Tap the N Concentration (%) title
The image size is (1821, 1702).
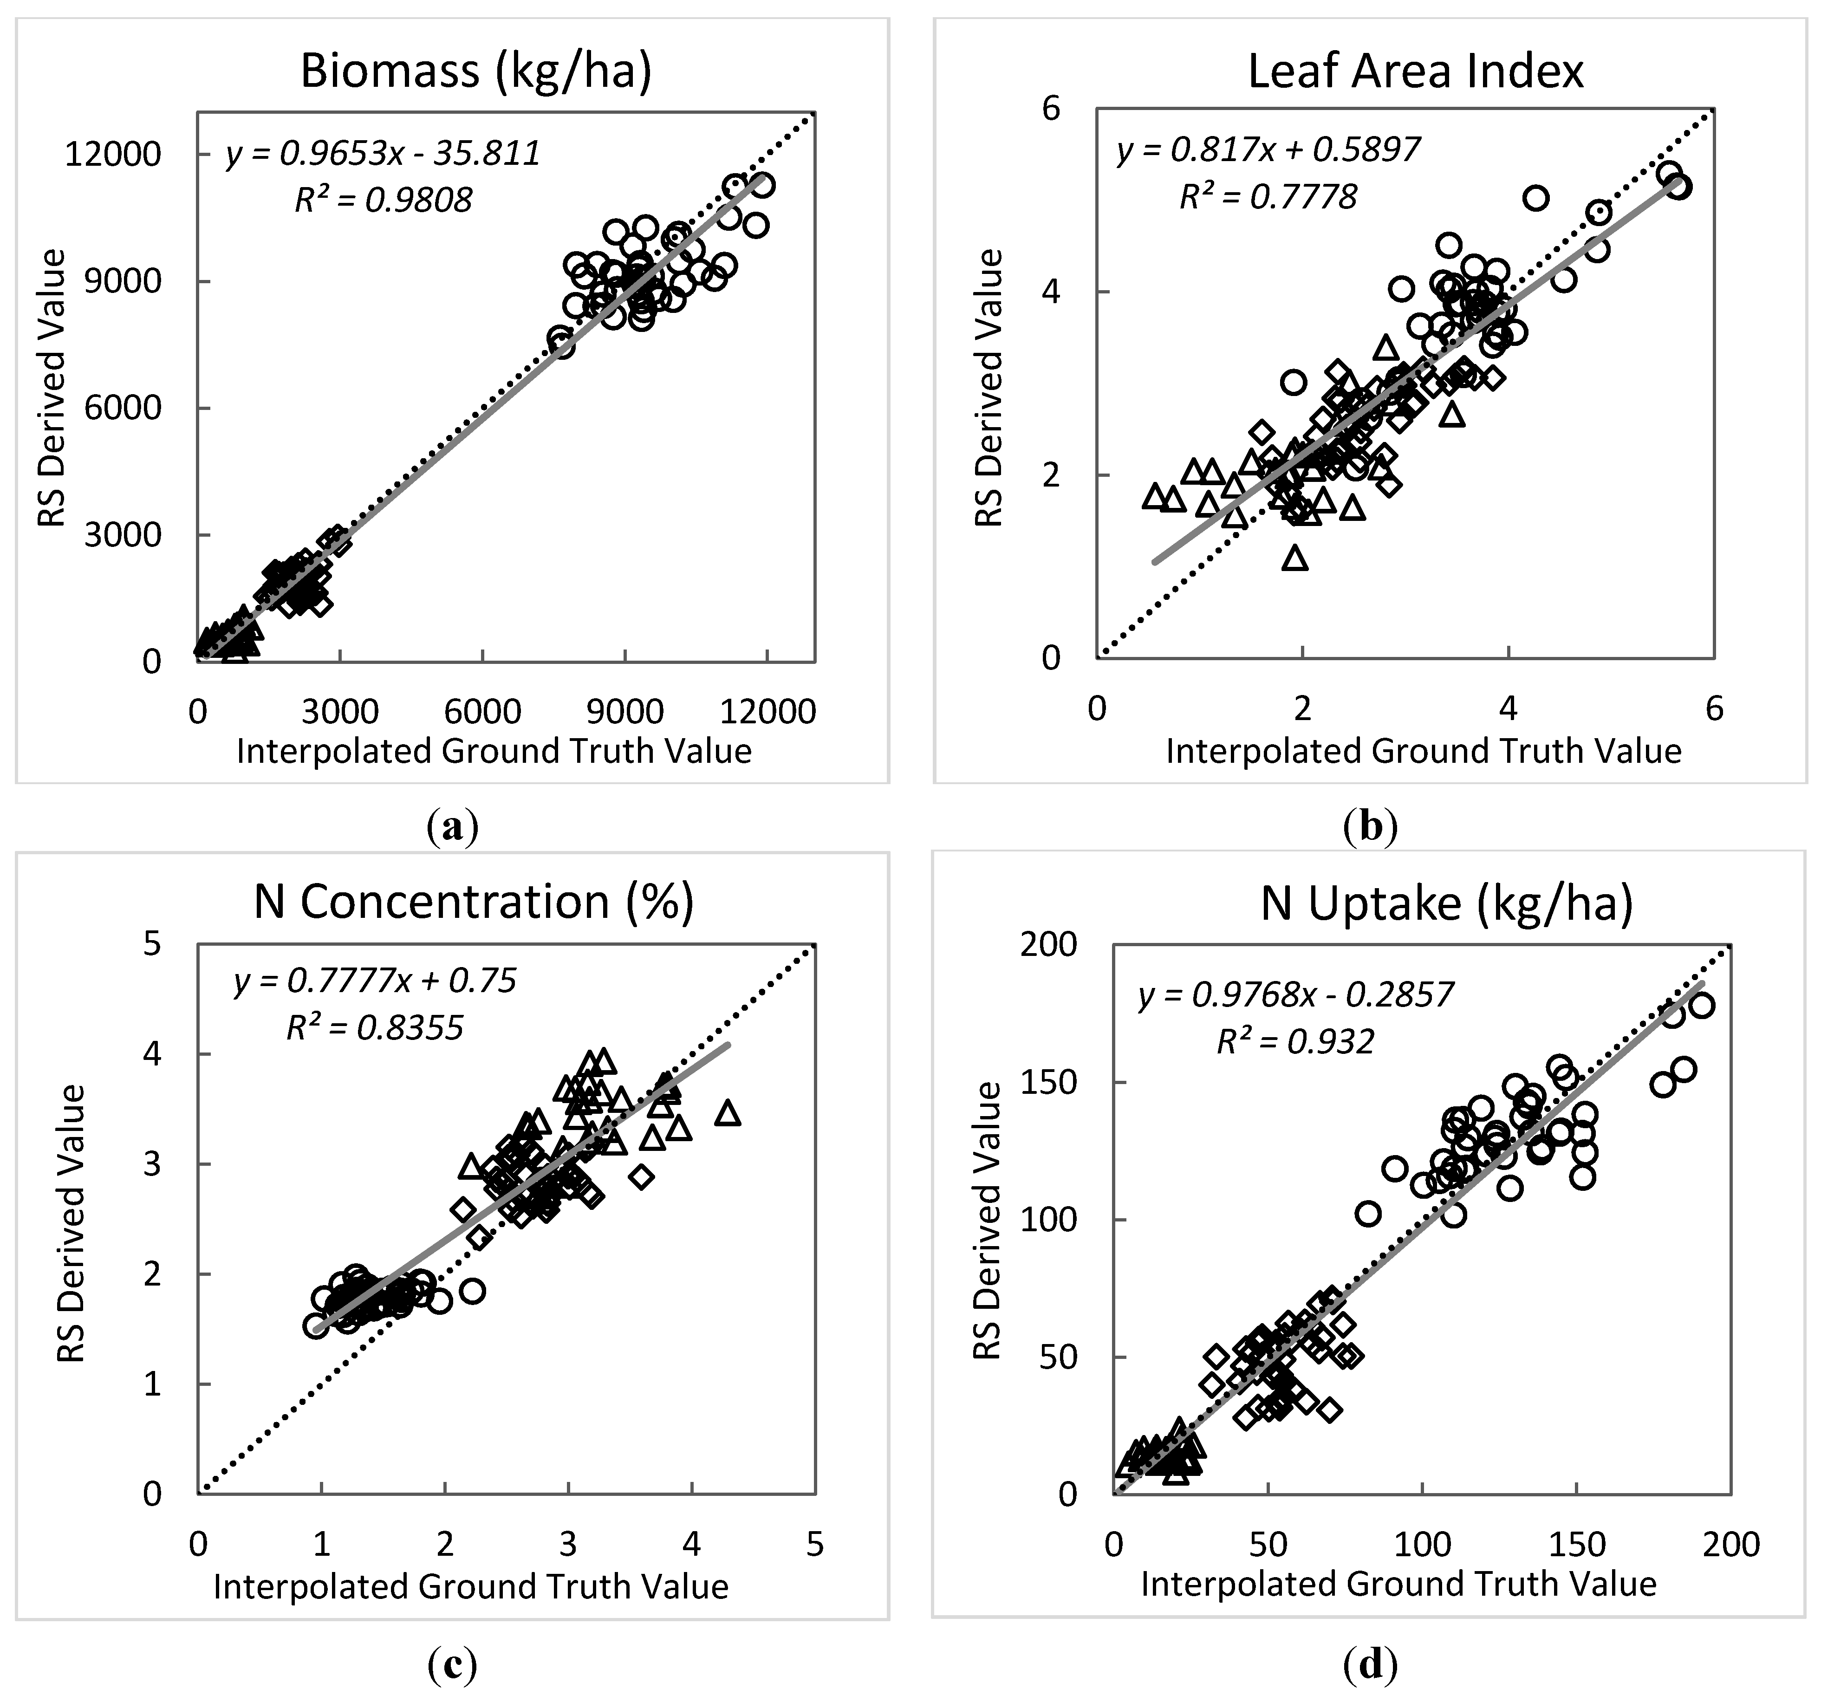(474, 902)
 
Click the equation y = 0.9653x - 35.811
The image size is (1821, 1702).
(383, 153)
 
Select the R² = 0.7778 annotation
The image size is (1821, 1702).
(1268, 196)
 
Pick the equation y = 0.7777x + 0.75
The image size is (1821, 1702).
(375, 981)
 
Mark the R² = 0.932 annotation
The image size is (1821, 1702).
(1295, 1041)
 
